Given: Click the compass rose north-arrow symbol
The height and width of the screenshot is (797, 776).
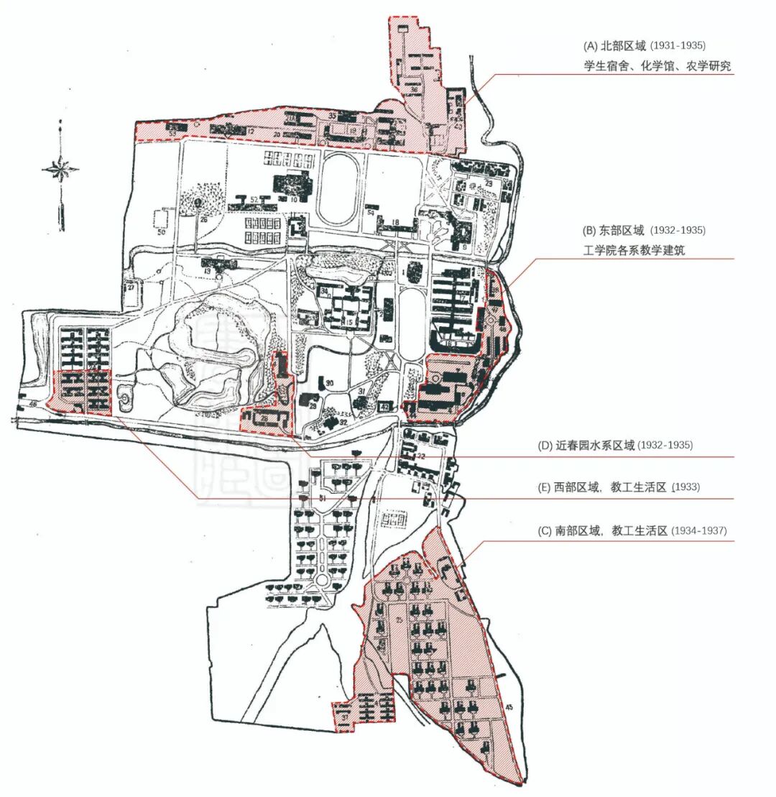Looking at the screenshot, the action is tap(60, 170).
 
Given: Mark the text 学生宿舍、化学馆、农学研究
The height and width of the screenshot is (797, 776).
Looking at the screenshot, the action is tap(657, 66).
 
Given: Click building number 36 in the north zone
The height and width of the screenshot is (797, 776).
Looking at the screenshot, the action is tap(415, 90).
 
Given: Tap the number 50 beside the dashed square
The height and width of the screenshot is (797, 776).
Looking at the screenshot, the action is tap(161, 234).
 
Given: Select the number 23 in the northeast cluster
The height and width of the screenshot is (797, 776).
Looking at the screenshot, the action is tap(489, 184).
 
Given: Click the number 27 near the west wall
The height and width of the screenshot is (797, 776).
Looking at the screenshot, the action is tap(131, 287).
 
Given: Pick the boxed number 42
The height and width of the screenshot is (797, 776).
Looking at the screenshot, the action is tap(385, 407).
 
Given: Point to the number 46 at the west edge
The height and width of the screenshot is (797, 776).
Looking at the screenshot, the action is tap(33, 405).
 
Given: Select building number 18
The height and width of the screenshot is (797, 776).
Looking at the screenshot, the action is tap(396, 224).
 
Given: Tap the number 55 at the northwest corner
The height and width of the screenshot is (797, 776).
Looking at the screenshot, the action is tap(172, 133).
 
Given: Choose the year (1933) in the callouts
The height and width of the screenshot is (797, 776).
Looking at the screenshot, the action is tap(686, 487).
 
